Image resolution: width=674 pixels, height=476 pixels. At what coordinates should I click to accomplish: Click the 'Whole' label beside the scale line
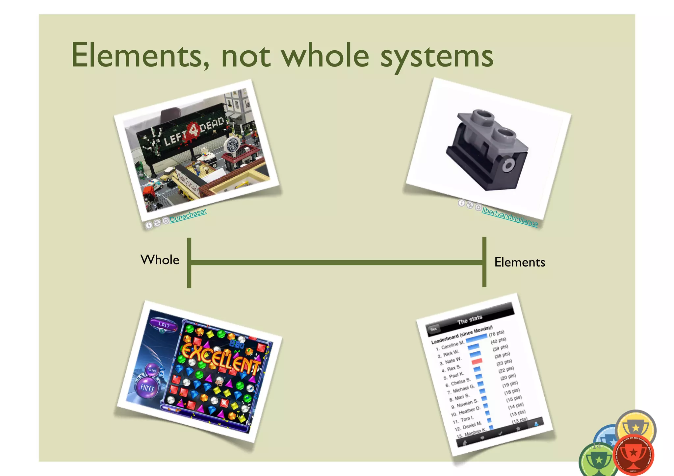(x=160, y=260)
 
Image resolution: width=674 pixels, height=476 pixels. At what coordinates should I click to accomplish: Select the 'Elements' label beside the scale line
(x=519, y=262)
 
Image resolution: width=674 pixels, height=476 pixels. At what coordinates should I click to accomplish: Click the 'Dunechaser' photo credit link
(x=188, y=215)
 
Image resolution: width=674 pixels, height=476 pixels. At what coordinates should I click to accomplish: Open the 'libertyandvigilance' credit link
(x=509, y=217)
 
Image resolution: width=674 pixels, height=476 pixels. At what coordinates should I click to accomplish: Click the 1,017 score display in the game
(x=164, y=325)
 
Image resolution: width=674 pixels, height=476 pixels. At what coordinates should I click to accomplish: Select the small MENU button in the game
(x=152, y=370)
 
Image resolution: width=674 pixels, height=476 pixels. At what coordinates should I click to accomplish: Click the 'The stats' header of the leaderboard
(x=470, y=319)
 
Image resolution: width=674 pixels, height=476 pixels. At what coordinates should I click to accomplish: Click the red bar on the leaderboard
(x=477, y=362)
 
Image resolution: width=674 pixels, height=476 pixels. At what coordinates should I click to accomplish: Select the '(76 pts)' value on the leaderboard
(x=496, y=334)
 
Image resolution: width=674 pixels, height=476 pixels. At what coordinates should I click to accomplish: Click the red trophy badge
(x=634, y=455)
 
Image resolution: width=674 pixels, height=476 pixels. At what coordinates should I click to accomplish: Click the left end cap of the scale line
(x=189, y=263)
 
